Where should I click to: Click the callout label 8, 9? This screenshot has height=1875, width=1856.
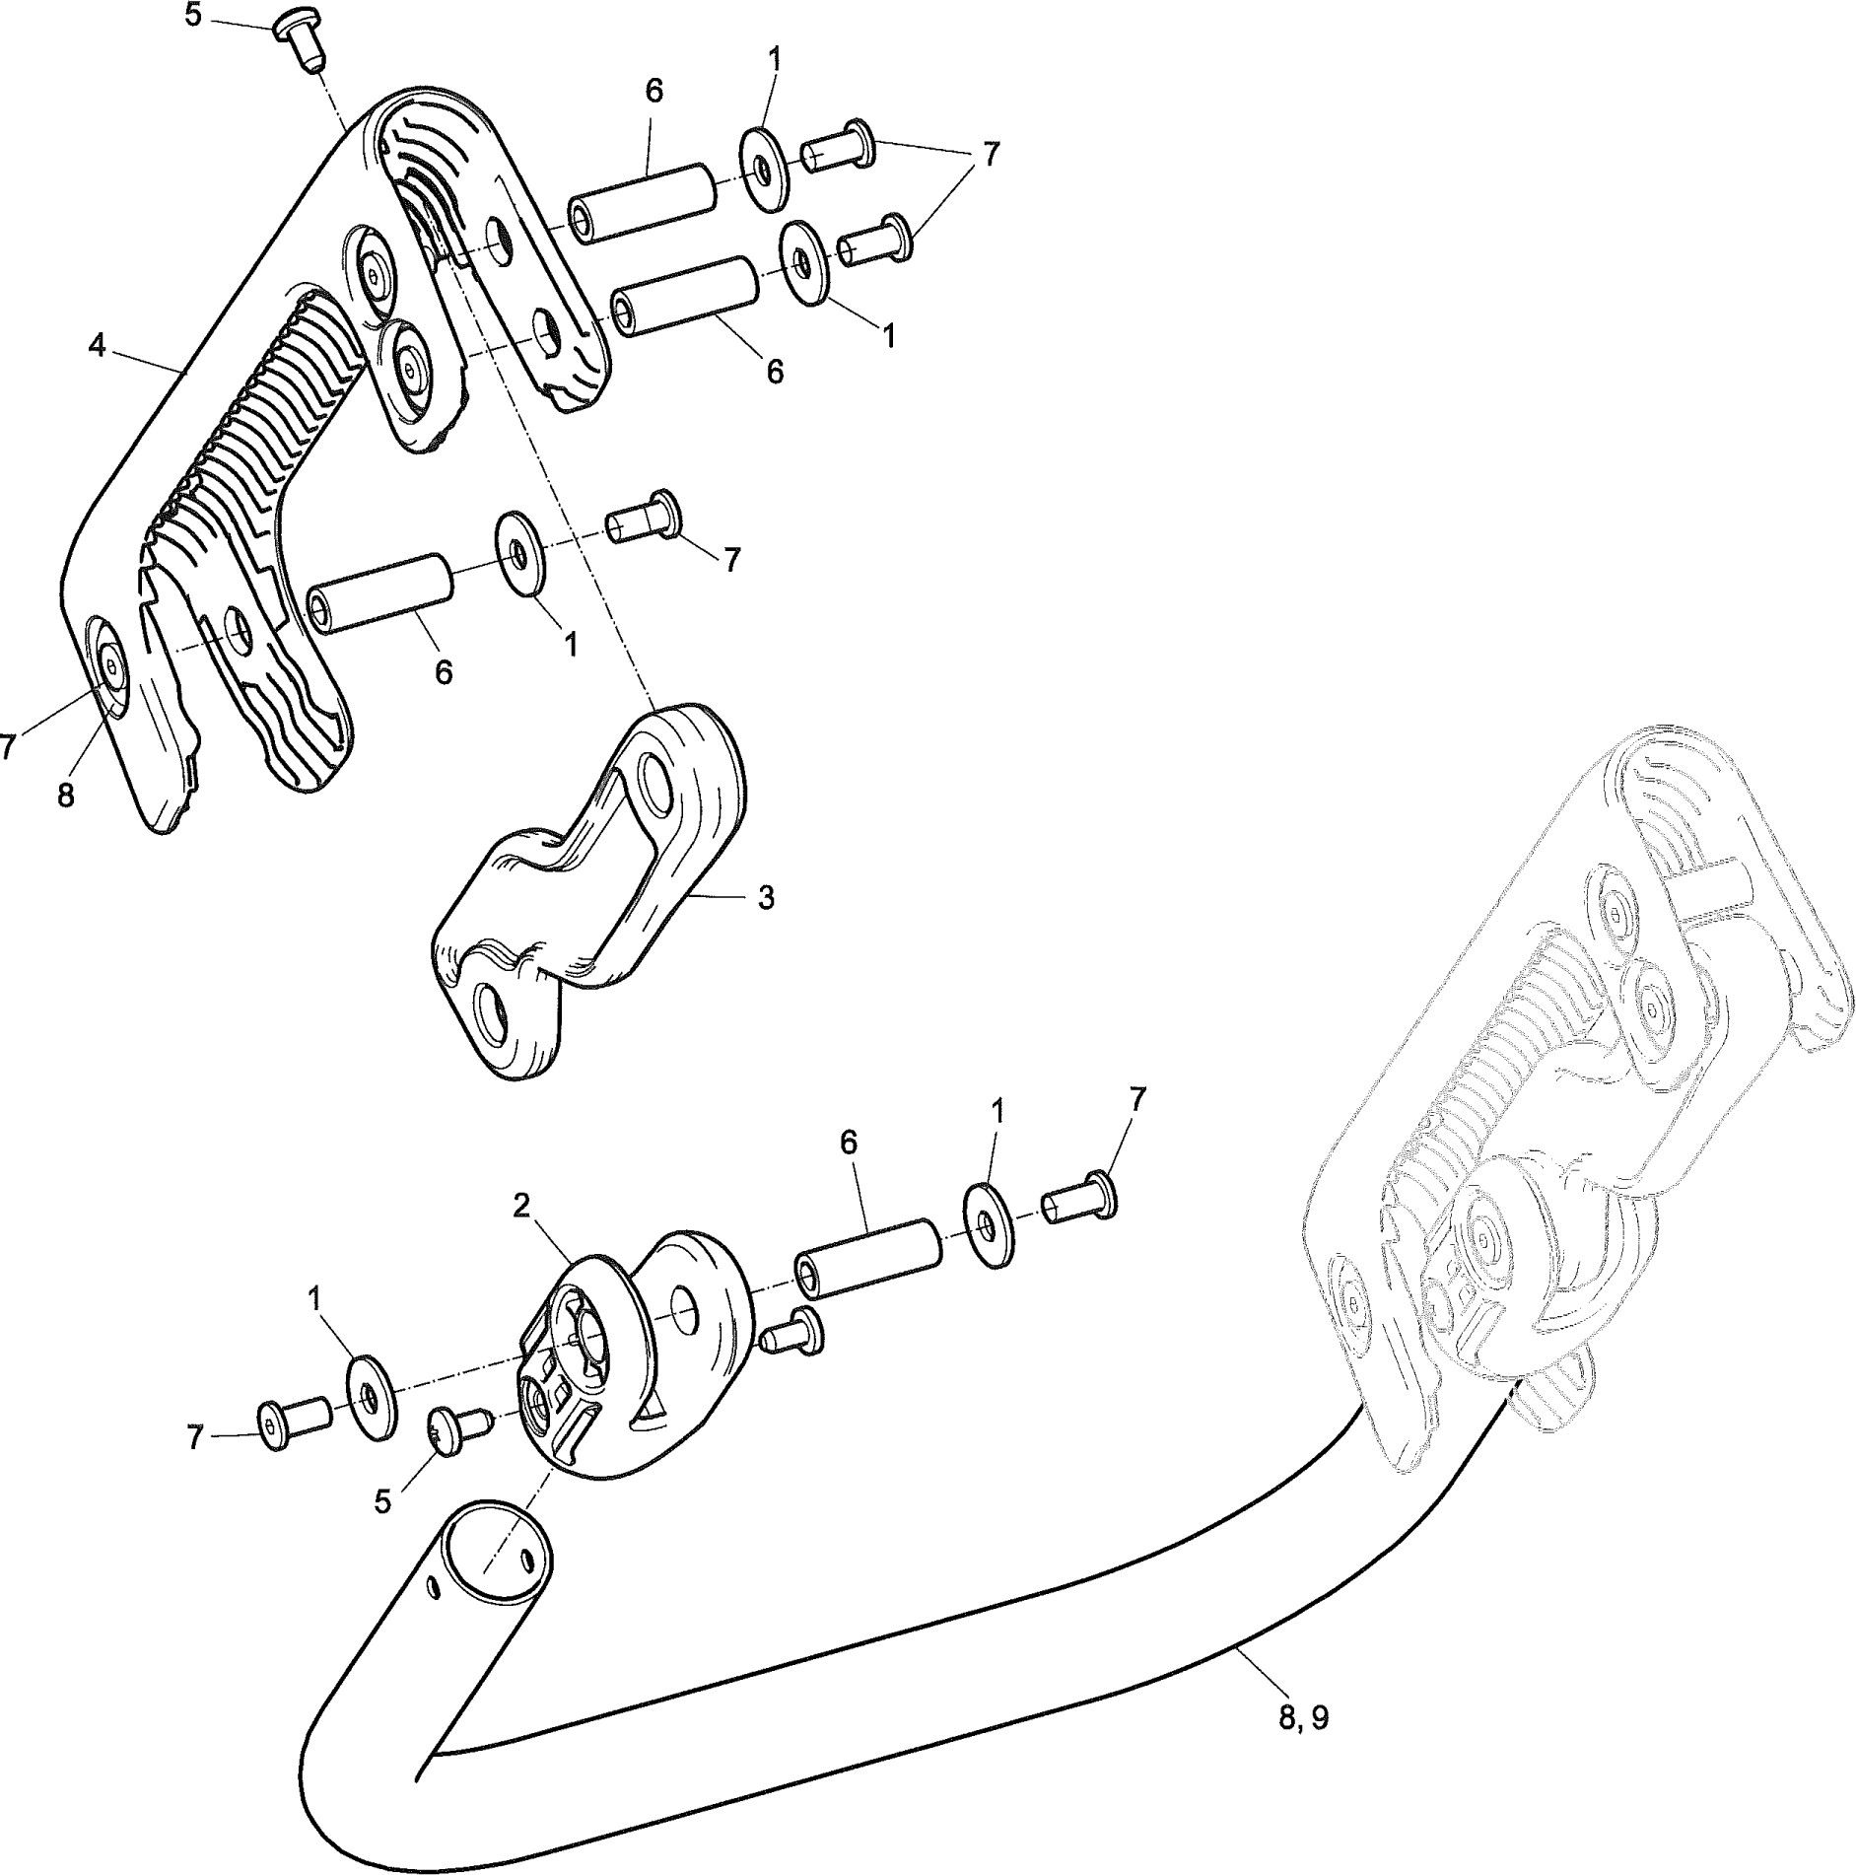tap(1302, 1718)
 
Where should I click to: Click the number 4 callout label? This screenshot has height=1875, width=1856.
tap(97, 347)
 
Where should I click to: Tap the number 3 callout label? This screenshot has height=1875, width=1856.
tap(766, 898)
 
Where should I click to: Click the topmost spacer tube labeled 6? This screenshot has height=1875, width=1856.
tap(641, 202)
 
